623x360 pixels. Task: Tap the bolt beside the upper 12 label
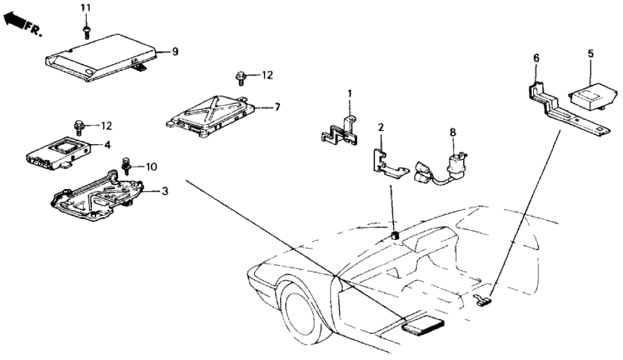(241, 78)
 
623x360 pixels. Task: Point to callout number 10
(151, 167)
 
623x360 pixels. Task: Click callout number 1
(349, 94)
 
